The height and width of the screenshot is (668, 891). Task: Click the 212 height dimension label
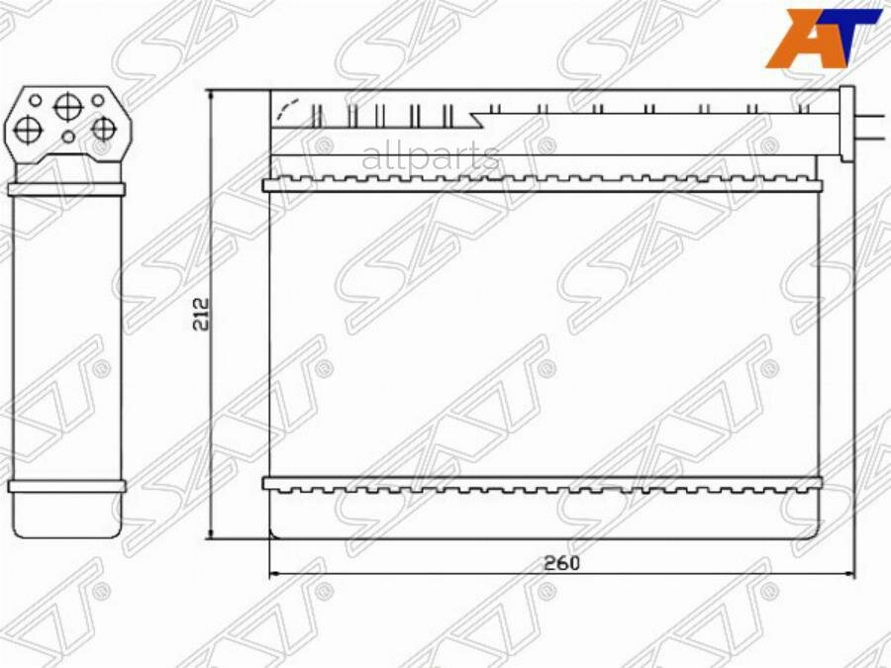200,316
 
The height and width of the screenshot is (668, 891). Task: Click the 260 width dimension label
561,561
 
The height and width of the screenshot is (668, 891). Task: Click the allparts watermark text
431,156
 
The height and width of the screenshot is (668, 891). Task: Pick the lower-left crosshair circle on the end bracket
29,128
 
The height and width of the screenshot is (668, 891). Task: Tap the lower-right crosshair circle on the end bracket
103,128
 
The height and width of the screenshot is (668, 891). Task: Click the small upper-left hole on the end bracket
36,100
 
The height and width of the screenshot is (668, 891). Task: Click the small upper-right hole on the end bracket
98,100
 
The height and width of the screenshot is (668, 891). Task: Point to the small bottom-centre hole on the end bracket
67,137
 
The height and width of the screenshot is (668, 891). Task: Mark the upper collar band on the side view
66,188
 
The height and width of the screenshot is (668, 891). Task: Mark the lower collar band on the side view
66,486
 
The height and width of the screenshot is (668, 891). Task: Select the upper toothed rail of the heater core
542,184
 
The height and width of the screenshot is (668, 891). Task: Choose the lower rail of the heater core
542,484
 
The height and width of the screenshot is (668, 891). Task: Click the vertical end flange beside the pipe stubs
846,124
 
